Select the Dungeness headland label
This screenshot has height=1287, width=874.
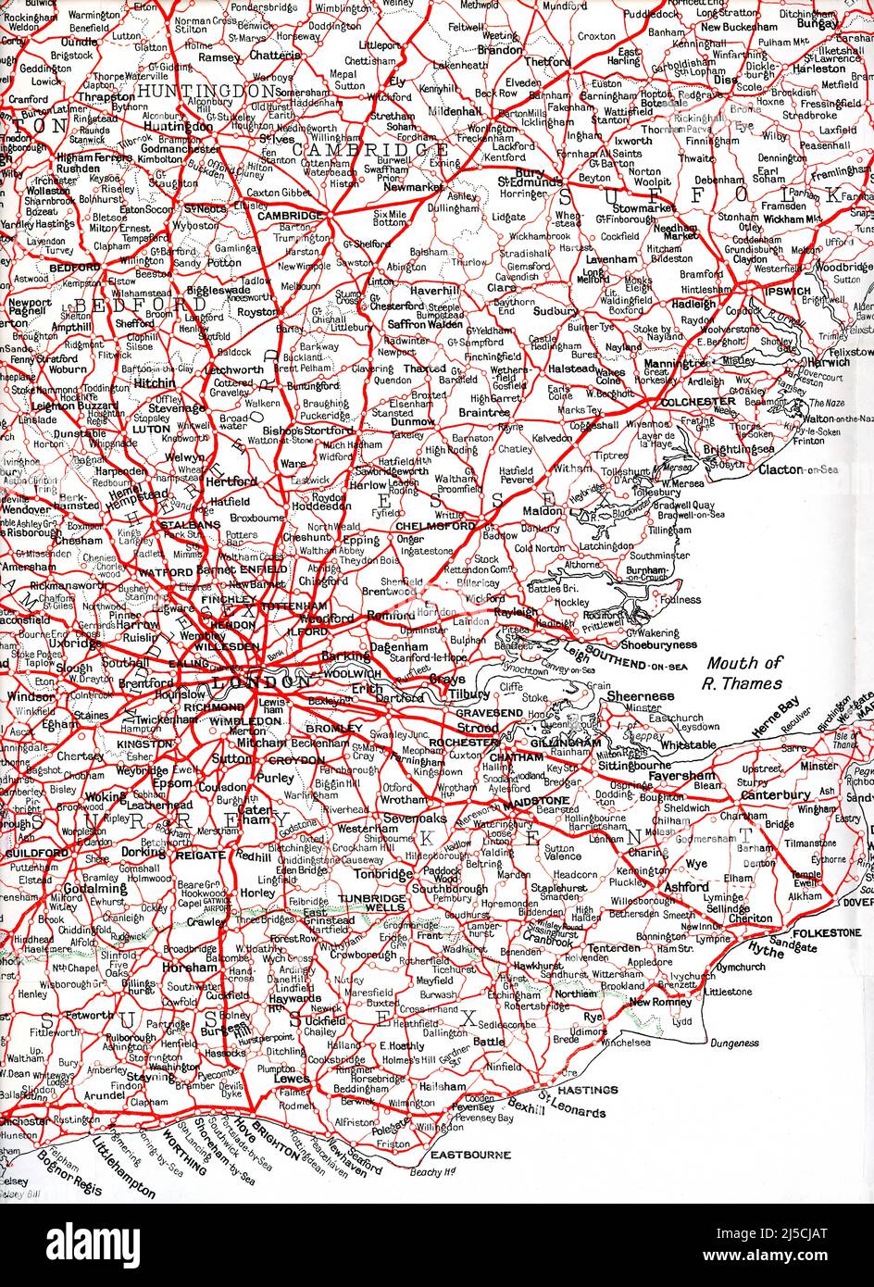(x=735, y=1043)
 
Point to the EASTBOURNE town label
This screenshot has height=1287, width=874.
(x=472, y=1156)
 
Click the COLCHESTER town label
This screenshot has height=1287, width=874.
(x=697, y=401)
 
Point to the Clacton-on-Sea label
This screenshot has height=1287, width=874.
(x=797, y=469)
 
